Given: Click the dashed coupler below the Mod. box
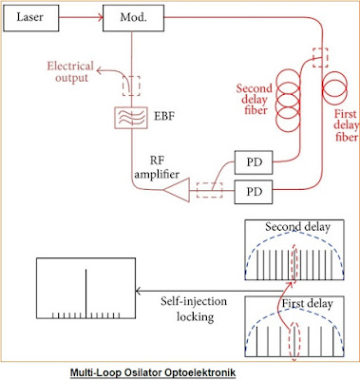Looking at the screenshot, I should click(128, 85).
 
